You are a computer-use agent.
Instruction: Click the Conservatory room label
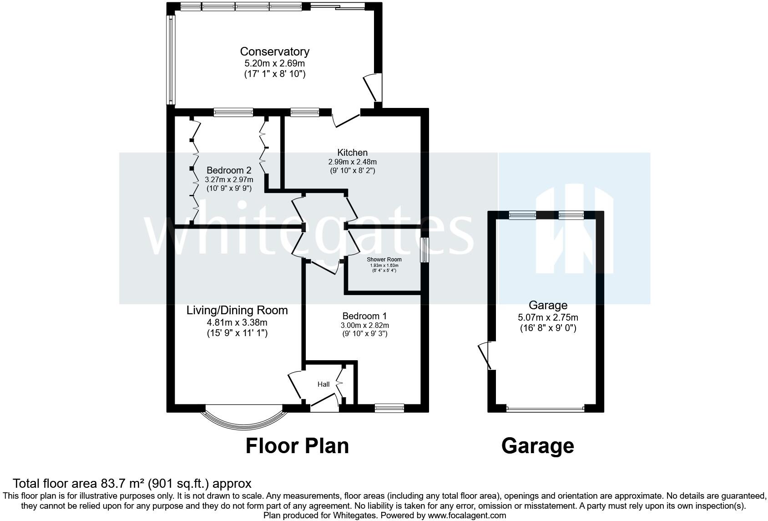pos(274,52)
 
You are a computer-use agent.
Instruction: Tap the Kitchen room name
pos(352,153)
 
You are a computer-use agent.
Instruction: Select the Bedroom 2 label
pos(228,171)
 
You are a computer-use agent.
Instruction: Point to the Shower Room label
pos(384,260)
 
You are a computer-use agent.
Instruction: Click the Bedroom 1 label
pos(364,316)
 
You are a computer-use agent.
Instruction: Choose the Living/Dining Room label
pos(237,311)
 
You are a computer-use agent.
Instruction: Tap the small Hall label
pos(323,384)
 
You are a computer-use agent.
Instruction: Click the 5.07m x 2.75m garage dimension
pos(548,318)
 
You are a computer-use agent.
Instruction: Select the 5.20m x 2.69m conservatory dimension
pos(274,64)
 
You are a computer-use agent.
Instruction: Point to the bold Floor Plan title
pos(297,446)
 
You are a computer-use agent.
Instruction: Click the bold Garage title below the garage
pos(537,446)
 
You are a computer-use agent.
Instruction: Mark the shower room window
pos(424,250)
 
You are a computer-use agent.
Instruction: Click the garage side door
pos(485,356)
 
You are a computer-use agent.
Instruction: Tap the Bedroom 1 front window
pos(389,408)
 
